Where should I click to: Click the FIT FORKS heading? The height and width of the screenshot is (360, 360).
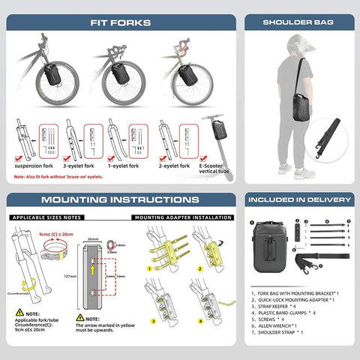(122, 22)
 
